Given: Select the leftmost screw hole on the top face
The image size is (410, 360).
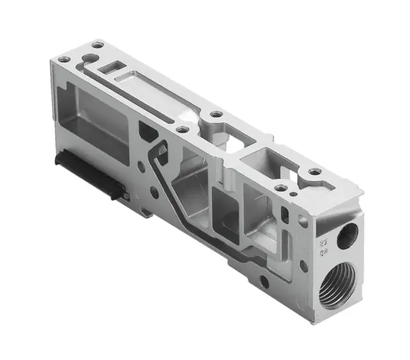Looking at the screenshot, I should point(64,59).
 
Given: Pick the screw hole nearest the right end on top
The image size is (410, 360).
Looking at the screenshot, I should point(314,171).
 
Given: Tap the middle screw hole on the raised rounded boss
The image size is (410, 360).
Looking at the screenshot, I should point(216,114).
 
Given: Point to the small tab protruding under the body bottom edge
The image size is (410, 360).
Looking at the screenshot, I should point(148,213).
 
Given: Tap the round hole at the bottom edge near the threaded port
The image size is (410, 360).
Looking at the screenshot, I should point(264,281).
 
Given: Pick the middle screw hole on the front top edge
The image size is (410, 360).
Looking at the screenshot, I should point(182,128).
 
